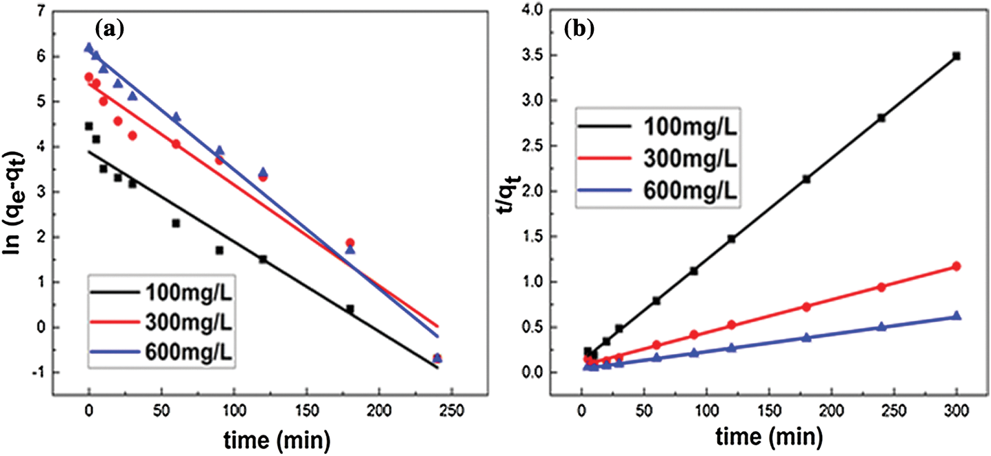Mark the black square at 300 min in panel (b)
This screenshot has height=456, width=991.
pos(957,56)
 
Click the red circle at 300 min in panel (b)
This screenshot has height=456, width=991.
pos(957,266)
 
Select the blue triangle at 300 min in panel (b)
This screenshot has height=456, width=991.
pos(957,315)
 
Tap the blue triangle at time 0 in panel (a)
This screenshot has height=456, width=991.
pos(88,48)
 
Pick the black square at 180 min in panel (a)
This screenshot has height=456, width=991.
pos(350,309)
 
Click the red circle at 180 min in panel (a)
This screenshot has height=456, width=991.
pos(350,243)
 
